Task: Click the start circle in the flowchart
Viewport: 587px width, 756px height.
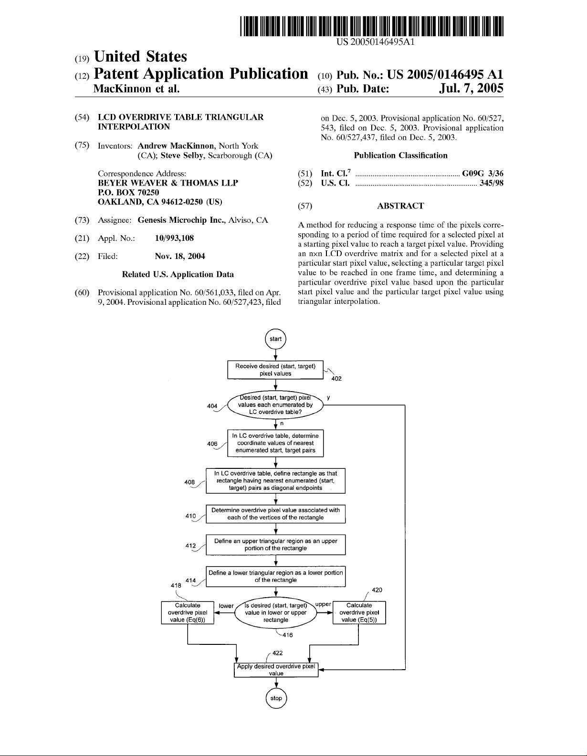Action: pyautogui.click(x=275, y=339)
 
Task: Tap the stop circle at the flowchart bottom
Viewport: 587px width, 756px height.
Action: pyautogui.click(x=276, y=698)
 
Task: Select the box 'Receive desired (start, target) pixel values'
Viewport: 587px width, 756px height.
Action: pyautogui.click(x=275, y=370)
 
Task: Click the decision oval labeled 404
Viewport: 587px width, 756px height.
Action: pyautogui.click(x=275, y=405)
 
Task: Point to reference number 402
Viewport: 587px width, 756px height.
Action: pyautogui.click(x=336, y=379)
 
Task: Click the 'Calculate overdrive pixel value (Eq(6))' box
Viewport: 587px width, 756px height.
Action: pyautogui.click(x=188, y=612)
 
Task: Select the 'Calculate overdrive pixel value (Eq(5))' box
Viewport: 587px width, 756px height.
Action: pyautogui.click(x=359, y=612)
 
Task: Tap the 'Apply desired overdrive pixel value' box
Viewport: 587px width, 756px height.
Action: pyautogui.click(x=276, y=670)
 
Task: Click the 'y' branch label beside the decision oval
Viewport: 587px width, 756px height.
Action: pyautogui.click(x=328, y=397)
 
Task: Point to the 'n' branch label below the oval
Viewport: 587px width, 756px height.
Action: pyautogui.click(x=282, y=424)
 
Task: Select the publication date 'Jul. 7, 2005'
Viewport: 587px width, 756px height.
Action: pyautogui.click(x=471, y=88)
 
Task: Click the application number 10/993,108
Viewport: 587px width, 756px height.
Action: pyautogui.click(x=174, y=238)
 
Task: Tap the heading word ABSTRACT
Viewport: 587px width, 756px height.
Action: pyautogui.click(x=400, y=206)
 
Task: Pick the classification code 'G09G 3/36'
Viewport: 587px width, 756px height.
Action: pyautogui.click(x=482, y=174)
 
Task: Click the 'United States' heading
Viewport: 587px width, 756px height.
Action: pyautogui.click(x=141, y=56)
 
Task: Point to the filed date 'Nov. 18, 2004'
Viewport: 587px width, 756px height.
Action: pyautogui.click(x=180, y=257)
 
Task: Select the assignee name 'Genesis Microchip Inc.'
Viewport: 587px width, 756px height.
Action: pyautogui.click(x=182, y=220)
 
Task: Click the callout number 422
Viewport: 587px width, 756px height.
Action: pyautogui.click(x=277, y=652)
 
